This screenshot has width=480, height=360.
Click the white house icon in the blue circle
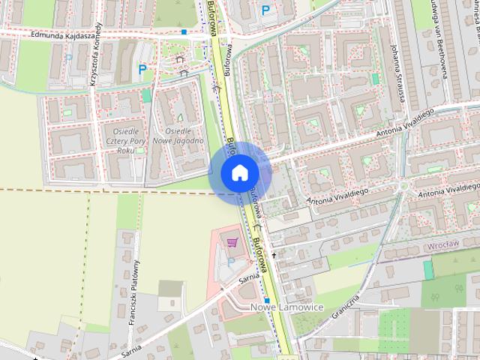(x=239, y=172)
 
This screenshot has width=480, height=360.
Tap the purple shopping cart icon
(x=232, y=241)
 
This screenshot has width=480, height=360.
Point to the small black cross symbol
(x=274, y=256)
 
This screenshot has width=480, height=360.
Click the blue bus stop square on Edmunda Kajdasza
(x=184, y=32)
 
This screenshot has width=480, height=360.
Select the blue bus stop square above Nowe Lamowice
(x=266, y=300)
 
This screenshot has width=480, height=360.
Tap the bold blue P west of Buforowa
(x=142, y=70)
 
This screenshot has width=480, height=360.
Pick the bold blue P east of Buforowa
(x=265, y=9)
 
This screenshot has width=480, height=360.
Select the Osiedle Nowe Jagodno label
(x=178, y=135)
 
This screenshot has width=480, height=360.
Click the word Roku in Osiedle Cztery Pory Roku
(x=126, y=150)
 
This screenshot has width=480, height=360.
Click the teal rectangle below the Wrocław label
(x=428, y=269)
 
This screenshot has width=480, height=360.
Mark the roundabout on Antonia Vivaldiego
(x=405, y=184)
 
